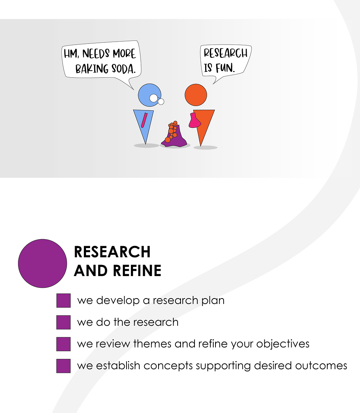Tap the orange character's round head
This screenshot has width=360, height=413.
pos(196,94)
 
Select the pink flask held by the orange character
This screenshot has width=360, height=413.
pos(194,121)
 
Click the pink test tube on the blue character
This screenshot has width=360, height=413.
pos(144,120)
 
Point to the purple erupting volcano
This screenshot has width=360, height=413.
pos(175,136)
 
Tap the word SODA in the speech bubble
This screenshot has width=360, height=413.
pos(124,68)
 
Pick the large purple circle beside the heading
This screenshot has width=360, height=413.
pos(42,263)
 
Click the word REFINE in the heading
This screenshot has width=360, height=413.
pos(137,271)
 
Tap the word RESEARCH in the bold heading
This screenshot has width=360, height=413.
pos(112,252)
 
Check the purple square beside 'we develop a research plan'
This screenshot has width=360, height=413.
pos(63,300)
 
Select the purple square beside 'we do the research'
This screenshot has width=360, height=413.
pos(63,322)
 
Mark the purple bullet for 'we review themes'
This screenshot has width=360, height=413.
pos(63,344)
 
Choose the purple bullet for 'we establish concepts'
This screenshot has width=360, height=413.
pos(63,366)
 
